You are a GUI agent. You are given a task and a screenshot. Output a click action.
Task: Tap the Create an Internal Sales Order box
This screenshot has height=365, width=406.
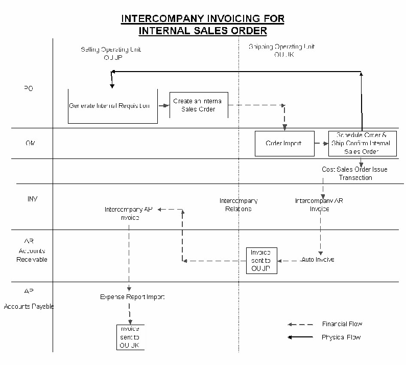tap(199, 105)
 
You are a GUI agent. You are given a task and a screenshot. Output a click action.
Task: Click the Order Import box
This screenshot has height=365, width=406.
tap(283, 143)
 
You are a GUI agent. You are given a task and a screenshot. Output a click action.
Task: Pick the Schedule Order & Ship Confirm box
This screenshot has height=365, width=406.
tap(362, 143)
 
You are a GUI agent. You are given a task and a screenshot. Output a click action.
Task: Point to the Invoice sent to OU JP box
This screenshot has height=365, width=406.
tap(261, 260)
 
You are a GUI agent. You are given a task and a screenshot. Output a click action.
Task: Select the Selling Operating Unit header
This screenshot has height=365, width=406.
tap(111, 53)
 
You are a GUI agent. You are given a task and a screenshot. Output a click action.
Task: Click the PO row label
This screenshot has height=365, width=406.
tap(29, 88)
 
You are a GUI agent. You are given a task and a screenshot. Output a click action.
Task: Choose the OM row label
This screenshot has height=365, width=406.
tap(30, 144)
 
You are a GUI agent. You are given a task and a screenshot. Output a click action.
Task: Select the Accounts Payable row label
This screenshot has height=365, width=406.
tap(29, 299)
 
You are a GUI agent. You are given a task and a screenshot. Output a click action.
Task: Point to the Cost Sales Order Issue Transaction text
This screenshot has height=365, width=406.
tap(355, 173)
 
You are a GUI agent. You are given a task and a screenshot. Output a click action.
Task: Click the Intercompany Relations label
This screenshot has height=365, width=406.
tap(238, 205)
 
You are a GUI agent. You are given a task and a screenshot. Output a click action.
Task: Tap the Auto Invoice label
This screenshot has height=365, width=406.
tap(318, 260)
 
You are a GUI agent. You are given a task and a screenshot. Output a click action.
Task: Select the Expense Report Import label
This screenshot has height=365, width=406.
tap(132, 297)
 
